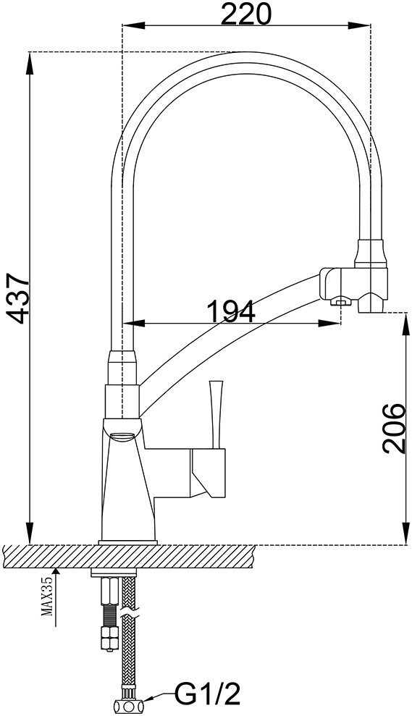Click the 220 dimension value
click(x=246, y=14)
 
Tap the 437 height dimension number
click(x=20, y=298)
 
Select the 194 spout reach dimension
click(x=231, y=312)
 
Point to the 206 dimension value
click(x=394, y=428)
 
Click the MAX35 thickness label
click(x=48, y=596)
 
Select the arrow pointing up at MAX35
click(x=56, y=597)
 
